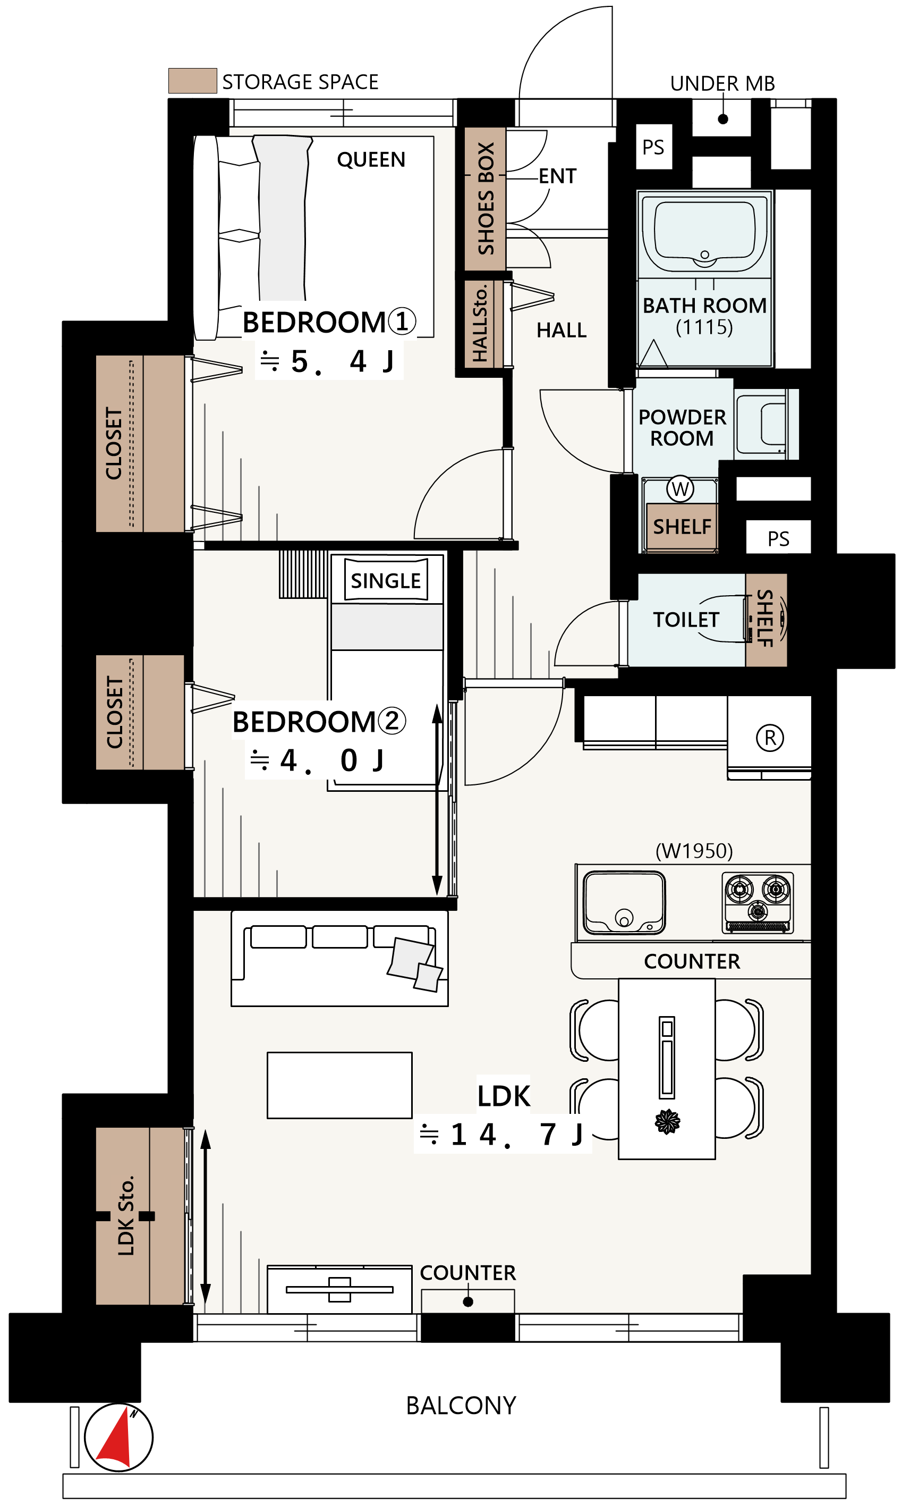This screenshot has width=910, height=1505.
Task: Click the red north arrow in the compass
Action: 117,1440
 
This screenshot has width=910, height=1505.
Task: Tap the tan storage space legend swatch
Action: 192,81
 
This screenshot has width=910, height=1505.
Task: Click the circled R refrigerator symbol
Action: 770,738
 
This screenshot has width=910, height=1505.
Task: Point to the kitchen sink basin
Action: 624,903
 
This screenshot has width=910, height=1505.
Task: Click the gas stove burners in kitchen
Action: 758,903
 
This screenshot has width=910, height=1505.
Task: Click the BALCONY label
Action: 461,1406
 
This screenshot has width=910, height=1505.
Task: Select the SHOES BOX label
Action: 486,199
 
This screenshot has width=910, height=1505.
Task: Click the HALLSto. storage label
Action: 480,323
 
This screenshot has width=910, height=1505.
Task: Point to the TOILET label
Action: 686,619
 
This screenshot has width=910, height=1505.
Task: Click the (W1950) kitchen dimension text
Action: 694,851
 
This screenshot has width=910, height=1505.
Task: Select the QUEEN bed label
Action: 371,159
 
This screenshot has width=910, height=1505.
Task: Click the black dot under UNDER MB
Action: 722,119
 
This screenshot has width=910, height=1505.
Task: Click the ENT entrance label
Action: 557,176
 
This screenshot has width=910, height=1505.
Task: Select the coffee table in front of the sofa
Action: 339,1085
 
